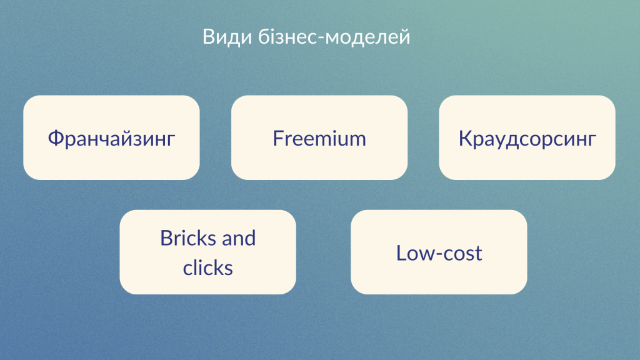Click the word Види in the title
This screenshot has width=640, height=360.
click(227, 37)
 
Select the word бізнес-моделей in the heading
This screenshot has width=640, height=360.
click(334, 36)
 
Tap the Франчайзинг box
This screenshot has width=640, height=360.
click(111, 137)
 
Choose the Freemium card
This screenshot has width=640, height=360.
click(319, 137)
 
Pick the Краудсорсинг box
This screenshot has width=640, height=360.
click(527, 137)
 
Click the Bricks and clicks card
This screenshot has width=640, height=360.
click(207, 252)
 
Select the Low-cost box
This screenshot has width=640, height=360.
click(439, 252)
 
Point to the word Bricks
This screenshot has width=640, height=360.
click(187, 238)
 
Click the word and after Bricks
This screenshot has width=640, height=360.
click(238, 238)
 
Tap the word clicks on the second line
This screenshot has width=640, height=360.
click(207, 267)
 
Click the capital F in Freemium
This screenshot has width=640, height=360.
click(278, 138)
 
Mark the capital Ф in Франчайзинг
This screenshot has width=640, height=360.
click(56, 138)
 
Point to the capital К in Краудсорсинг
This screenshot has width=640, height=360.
click(465, 138)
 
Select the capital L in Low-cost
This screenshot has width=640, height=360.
click(401, 253)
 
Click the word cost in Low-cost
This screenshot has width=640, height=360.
click(462, 254)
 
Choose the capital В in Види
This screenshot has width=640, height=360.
click(208, 37)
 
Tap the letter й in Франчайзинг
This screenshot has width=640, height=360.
click(129, 138)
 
